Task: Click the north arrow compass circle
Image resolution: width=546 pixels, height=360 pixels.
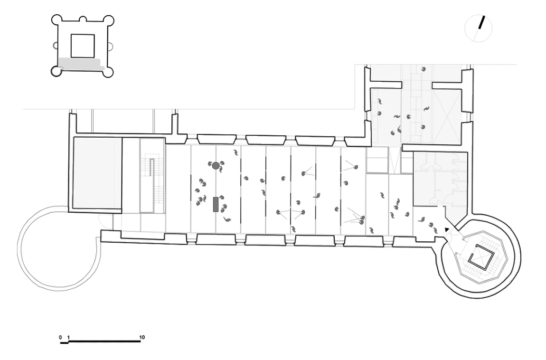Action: (478, 28)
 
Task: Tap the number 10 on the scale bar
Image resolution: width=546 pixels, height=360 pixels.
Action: (142, 337)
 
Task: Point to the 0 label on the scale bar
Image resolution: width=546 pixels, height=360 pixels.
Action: (60, 337)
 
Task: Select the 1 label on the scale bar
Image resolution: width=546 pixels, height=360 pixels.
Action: (69, 337)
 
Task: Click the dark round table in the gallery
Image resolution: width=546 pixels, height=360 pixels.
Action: (216, 166)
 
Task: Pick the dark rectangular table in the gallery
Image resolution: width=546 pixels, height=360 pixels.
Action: (216, 204)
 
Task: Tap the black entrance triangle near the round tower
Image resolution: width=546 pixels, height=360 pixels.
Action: (447, 230)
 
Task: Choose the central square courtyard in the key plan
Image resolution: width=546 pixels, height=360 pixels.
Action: (83, 46)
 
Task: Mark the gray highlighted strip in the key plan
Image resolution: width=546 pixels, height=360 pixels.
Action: (81, 64)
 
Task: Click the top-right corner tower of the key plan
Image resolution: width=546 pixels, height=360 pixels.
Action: (109, 21)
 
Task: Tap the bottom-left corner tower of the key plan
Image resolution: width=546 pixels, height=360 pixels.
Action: (56, 71)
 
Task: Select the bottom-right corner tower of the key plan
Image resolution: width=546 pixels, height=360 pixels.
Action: (109, 71)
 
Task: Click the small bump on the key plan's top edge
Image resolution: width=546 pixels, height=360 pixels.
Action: (83, 19)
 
